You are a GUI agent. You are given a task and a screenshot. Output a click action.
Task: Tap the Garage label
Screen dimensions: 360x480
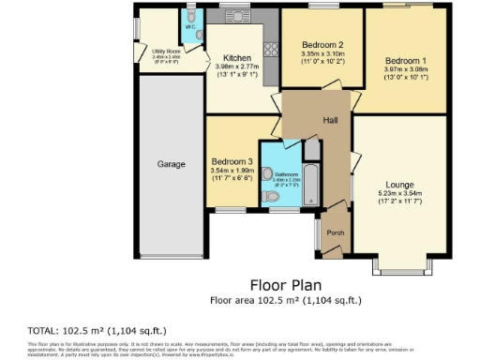tap(171, 164)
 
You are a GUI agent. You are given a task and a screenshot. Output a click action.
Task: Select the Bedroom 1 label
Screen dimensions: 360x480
tap(405, 58)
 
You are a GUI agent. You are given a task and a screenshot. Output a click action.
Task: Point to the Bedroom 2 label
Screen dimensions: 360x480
tap(322, 45)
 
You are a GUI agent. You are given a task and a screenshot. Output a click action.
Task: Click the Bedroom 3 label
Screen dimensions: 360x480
tap(230, 160)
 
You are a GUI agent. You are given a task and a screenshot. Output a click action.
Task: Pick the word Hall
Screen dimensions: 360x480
tap(331, 120)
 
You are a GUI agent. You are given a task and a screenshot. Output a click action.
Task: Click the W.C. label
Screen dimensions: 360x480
tap(189, 27)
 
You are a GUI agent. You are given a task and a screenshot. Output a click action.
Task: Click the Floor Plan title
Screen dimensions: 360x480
tap(286, 284)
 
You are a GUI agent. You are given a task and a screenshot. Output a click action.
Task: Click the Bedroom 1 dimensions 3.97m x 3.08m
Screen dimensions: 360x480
tap(405, 67)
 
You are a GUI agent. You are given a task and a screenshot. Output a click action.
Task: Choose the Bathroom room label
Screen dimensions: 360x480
tap(286, 174)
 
